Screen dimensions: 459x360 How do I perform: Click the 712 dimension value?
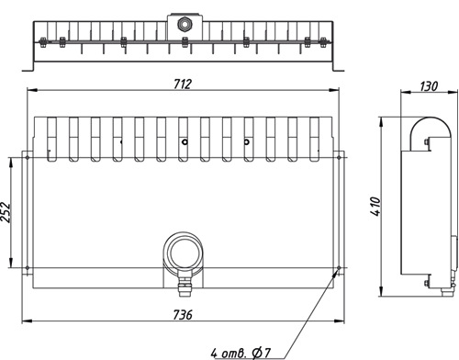[183, 84]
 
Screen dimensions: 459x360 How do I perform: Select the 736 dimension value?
[183, 315]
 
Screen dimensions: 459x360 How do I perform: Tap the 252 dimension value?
[6, 212]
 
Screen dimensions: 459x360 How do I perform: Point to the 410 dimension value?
[376, 207]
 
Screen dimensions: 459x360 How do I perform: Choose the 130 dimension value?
[429, 86]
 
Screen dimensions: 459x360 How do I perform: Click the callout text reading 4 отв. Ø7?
[241, 354]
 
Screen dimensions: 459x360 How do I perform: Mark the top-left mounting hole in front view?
[28, 158]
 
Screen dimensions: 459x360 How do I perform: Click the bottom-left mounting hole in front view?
[28, 268]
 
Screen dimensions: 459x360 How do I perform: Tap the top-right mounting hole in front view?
[339, 158]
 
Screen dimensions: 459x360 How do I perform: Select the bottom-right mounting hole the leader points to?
[339, 268]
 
